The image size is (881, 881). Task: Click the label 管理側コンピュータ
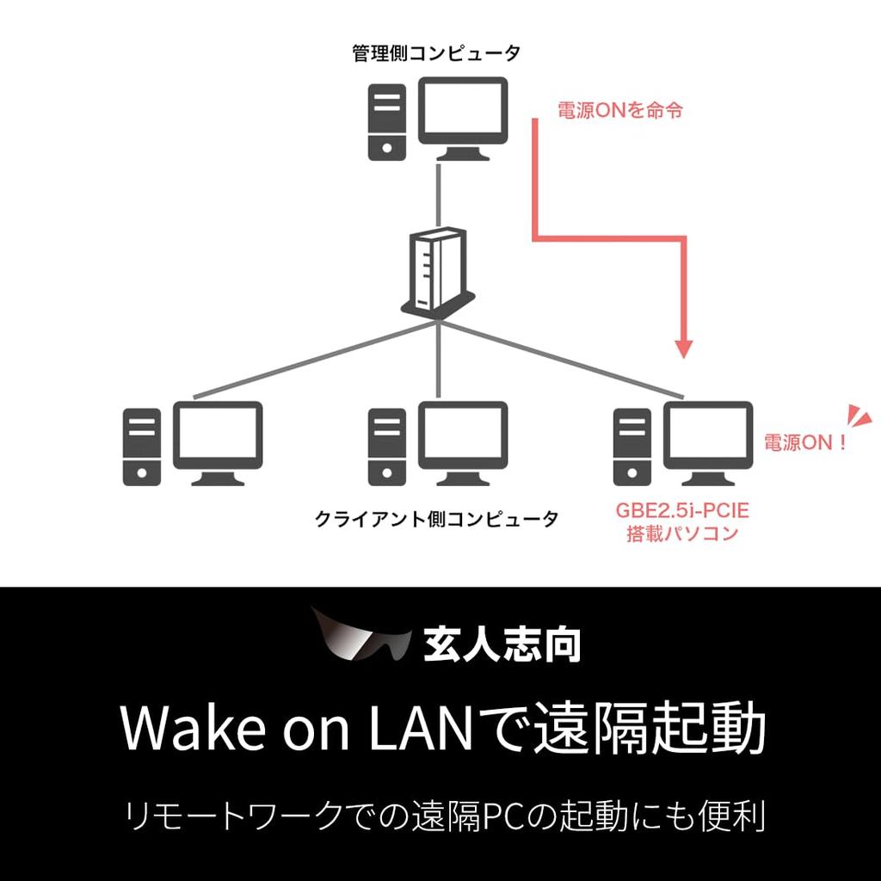[x=436, y=54]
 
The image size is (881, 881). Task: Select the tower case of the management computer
[x=387, y=121]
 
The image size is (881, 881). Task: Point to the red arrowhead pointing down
[x=683, y=348]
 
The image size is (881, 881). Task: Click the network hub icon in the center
[x=438, y=274]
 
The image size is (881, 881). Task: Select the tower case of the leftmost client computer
[x=142, y=446]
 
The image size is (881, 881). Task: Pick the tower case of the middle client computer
[x=387, y=446]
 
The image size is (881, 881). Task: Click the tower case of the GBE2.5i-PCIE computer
[x=632, y=446]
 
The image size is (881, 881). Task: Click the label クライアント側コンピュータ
[x=436, y=519]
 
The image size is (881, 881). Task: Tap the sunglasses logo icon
[x=361, y=639]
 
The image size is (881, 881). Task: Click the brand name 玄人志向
[x=502, y=643]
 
